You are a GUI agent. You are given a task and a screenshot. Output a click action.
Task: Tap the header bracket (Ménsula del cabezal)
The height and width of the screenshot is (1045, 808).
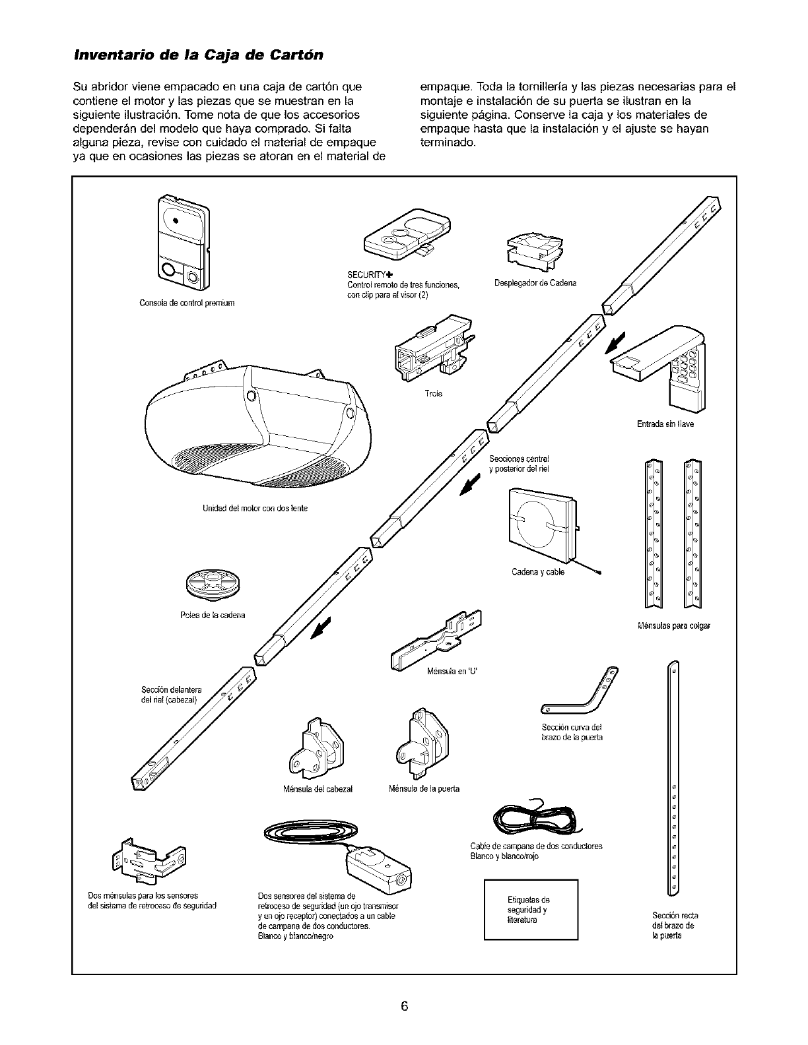(313, 745)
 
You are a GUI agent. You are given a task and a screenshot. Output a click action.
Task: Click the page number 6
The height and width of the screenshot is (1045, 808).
(404, 1006)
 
